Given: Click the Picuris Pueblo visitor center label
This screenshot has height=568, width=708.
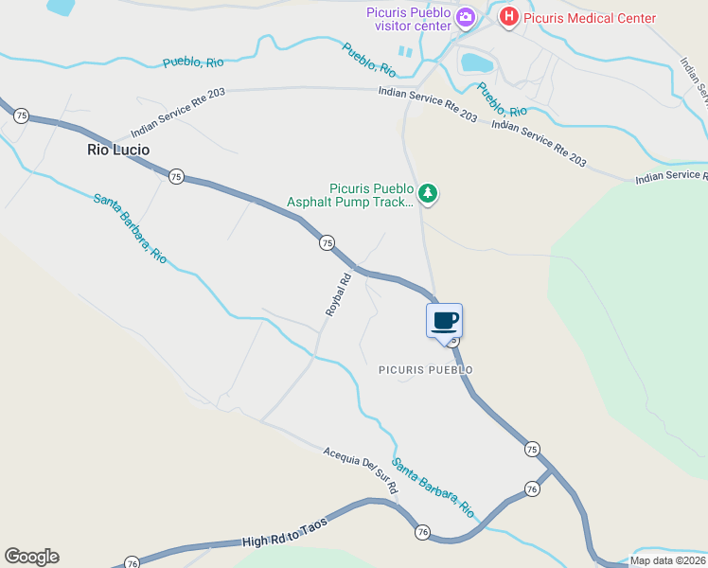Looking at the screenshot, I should [x=409, y=18].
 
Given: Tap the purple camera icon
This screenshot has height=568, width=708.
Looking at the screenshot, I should [x=465, y=17].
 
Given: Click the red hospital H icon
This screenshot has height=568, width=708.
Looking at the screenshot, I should [x=509, y=17].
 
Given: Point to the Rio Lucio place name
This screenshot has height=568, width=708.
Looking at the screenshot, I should [x=118, y=150].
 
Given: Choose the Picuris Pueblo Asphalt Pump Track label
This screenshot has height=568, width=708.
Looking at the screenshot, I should [x=350, y=195].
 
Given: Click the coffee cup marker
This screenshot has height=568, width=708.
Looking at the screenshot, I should [x=445, y=320].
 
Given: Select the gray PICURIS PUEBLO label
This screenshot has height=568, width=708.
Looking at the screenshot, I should [x=425, y=369].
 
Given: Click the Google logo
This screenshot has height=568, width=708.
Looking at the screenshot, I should [x=31, y=557].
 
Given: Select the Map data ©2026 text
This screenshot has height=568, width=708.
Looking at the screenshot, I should [x=668, y=560].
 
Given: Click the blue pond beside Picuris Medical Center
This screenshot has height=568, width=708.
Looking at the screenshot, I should [x=476, y=63].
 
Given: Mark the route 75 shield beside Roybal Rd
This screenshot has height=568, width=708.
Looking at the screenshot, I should [x=327, y=243].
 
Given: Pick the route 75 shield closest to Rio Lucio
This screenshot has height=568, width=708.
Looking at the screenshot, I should [x=176, y=176].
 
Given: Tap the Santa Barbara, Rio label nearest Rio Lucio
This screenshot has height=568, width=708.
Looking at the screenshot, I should [x=130, y=228].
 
